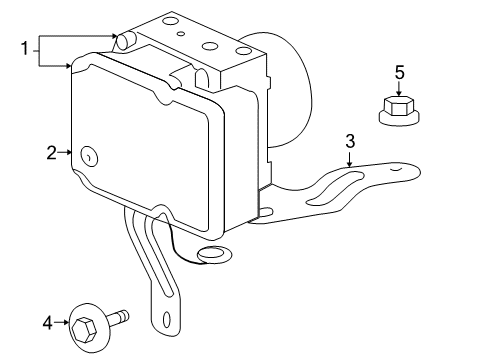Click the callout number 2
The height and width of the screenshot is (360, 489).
click(x=51, y=153)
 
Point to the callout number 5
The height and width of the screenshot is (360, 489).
click(x=398, y=72)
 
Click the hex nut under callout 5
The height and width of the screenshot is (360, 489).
click(x=398, y=110)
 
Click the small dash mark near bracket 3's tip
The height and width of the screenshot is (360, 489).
click(x=397, y=170)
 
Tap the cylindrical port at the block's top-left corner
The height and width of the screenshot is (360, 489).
click(x=127, y=41)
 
